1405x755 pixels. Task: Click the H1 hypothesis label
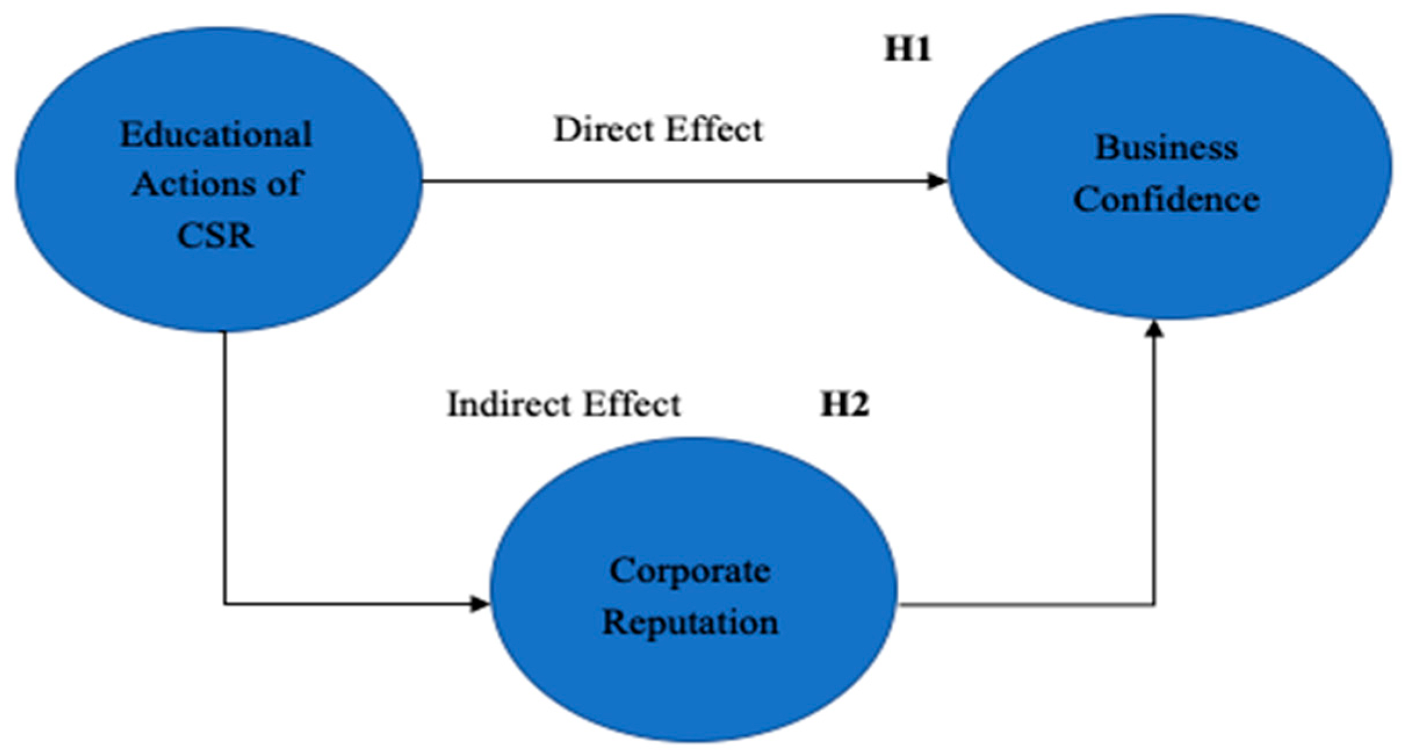[x=908, y=49]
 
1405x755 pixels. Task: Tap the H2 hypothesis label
[x=844, y=404]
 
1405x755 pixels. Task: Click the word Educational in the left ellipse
[x=216, y=135]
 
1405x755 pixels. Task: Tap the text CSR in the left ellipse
[x=215, y=236]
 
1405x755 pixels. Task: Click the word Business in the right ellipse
[x=1166, y=148]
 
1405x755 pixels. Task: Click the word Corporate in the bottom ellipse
[x=690, y=571]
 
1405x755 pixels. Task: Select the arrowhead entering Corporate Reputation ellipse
[x=480, y=604]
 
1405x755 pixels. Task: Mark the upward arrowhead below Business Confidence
[x=1154, y=329]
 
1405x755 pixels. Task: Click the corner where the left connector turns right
[x=225, y=604]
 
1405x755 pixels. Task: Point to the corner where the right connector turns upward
[x=1154, y=605]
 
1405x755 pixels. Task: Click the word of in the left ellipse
[x=284, y=184]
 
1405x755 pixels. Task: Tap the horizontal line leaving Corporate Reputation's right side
[x=1021, y=605]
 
